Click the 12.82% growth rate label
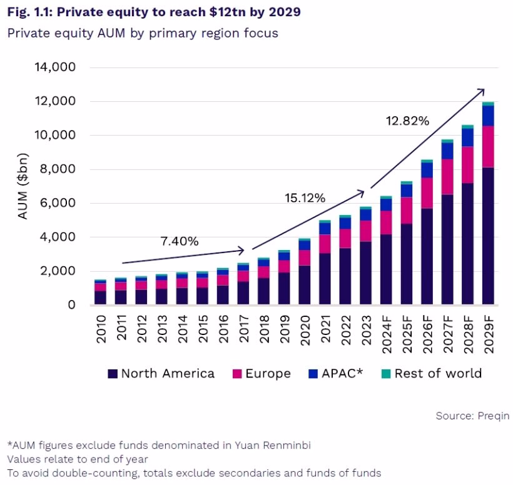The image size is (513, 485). [407, 121]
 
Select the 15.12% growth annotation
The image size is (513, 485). [305, 199]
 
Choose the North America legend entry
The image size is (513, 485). [161, 374]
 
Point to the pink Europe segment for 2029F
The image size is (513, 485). [488, 146]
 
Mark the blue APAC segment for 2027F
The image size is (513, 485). [447, 151]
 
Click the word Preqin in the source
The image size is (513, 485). [494, 416]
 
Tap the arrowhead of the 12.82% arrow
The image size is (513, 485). [482, 91]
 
